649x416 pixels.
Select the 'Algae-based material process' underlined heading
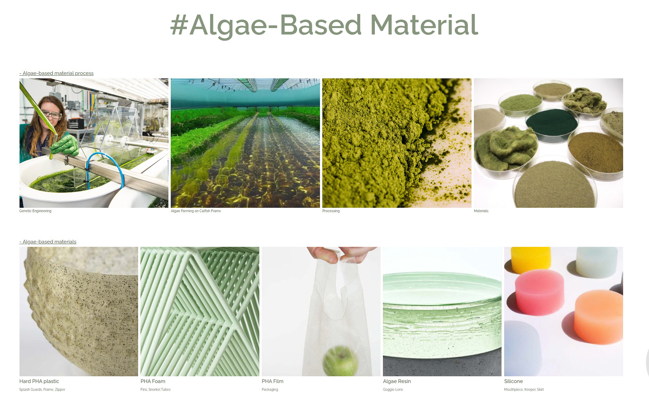click(56, 73)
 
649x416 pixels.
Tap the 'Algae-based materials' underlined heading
click(48, 241)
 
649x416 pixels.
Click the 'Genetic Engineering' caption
click(35, 211)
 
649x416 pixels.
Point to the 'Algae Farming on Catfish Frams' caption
click(196, 211)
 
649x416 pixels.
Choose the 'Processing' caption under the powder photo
click(331, 211)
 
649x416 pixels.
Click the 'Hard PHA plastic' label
click(39, 381)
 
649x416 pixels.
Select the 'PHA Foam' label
click(153, 381)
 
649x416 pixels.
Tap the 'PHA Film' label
click(272, 381)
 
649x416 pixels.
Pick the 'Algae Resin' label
click(397, 381)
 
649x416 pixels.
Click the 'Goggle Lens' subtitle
click(393, 389)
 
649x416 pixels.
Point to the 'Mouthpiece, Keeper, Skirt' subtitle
click(524, 389)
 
